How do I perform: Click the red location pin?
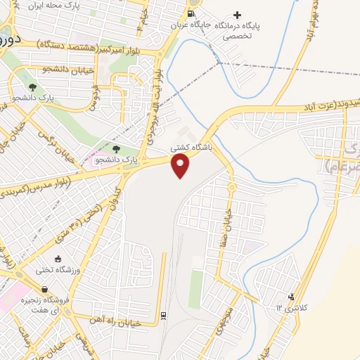pos(181,165)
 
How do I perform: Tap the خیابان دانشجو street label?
pos(44,70)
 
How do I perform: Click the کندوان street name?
pos(114,199)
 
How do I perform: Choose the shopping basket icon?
pos(45,289)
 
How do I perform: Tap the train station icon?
pos(163,316)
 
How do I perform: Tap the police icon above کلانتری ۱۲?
pos(291,297)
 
